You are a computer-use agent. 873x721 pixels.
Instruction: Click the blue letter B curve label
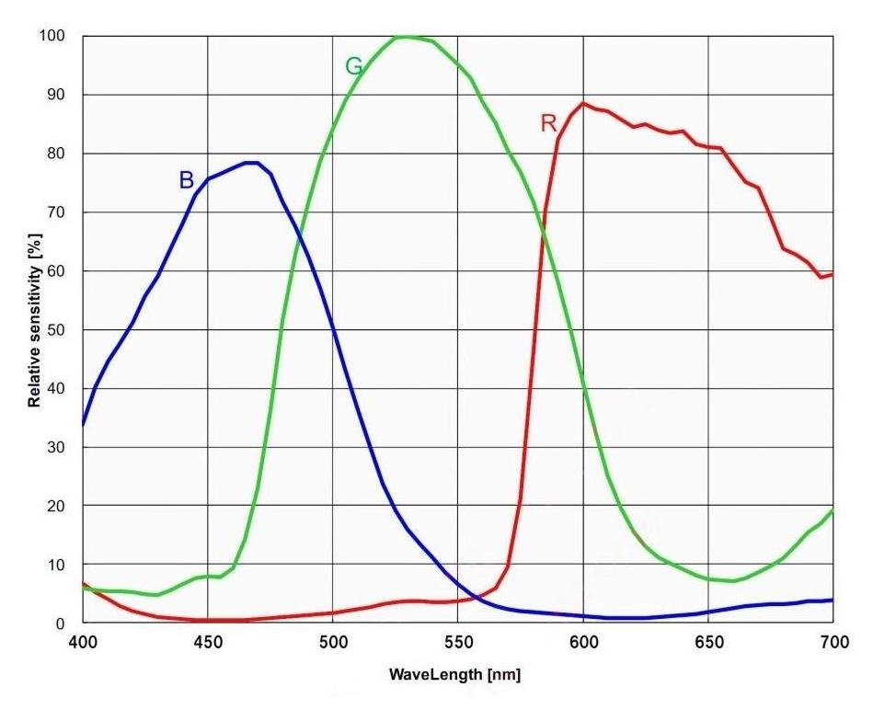[x=186, y=180]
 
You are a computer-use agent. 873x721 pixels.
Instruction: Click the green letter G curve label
[x=354, y=66]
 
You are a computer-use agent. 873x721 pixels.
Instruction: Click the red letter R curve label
[x=549, y=123]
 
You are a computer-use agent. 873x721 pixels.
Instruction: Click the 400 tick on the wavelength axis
[x=83, y=644]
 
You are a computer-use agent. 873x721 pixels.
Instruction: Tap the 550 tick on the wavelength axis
[x=458, y=644]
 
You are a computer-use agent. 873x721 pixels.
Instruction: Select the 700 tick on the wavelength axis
[x=833, y=644]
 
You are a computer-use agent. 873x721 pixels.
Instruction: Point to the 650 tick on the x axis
[x=708, y=644]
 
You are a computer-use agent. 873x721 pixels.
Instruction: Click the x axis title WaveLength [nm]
[x=454, y=676]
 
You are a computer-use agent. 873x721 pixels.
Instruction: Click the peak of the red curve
[x=583, y=103]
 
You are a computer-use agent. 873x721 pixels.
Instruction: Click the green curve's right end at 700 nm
[x=833, y=510]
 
